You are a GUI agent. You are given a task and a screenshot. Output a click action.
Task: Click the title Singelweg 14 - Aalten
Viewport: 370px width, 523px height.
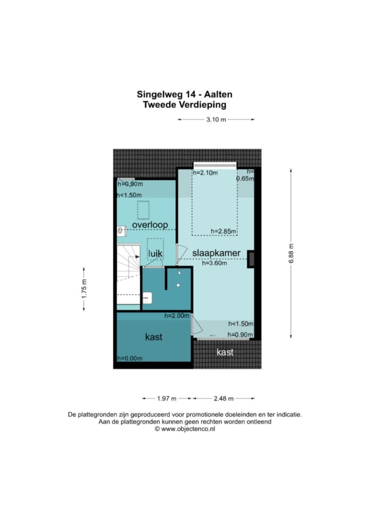184,94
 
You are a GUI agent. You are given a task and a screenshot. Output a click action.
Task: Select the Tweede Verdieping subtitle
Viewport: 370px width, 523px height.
184,105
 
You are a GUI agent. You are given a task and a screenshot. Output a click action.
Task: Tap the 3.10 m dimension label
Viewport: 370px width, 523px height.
216,119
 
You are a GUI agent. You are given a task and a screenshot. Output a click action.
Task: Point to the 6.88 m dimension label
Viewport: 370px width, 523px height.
291,253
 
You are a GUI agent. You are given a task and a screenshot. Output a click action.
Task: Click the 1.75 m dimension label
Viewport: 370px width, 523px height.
84,289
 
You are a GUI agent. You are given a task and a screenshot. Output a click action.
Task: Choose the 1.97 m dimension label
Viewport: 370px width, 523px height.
167,398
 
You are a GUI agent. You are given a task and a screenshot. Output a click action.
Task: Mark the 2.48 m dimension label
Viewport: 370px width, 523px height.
224,398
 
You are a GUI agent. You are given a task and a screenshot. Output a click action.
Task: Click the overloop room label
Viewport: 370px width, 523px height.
150,225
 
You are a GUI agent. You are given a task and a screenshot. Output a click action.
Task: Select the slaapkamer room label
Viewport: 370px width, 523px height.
217,253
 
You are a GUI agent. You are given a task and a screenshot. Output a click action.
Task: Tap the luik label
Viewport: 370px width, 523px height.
156,254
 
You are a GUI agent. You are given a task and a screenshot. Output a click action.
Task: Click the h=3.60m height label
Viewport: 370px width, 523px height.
214,263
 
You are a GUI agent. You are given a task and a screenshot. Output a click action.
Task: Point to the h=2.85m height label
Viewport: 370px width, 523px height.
224,231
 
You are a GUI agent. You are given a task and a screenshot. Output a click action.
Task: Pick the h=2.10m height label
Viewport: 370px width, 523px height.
205,173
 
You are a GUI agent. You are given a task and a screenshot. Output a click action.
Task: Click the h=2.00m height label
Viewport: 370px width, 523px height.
177,315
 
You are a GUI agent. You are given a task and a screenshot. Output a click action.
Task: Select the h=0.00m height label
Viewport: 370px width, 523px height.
130,358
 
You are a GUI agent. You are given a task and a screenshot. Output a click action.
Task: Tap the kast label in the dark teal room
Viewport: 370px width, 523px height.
153,337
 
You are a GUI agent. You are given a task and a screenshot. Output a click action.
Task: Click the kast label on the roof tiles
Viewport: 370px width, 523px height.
225,352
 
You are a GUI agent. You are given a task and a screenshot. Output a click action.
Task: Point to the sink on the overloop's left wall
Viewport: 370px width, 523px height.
121,231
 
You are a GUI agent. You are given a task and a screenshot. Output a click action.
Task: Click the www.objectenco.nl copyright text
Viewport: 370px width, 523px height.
184,429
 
